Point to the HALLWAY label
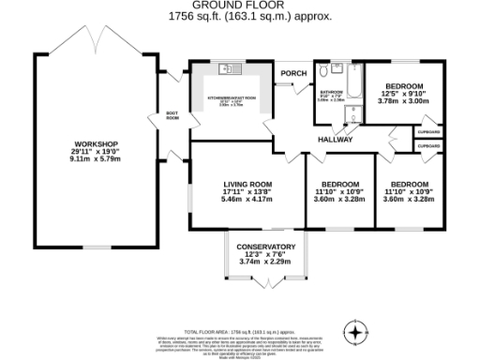335,140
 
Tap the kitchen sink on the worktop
225,68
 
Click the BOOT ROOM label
172,116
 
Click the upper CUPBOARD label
429,132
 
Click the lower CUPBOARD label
429,146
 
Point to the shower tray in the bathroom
351,113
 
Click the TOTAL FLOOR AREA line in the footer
240,332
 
